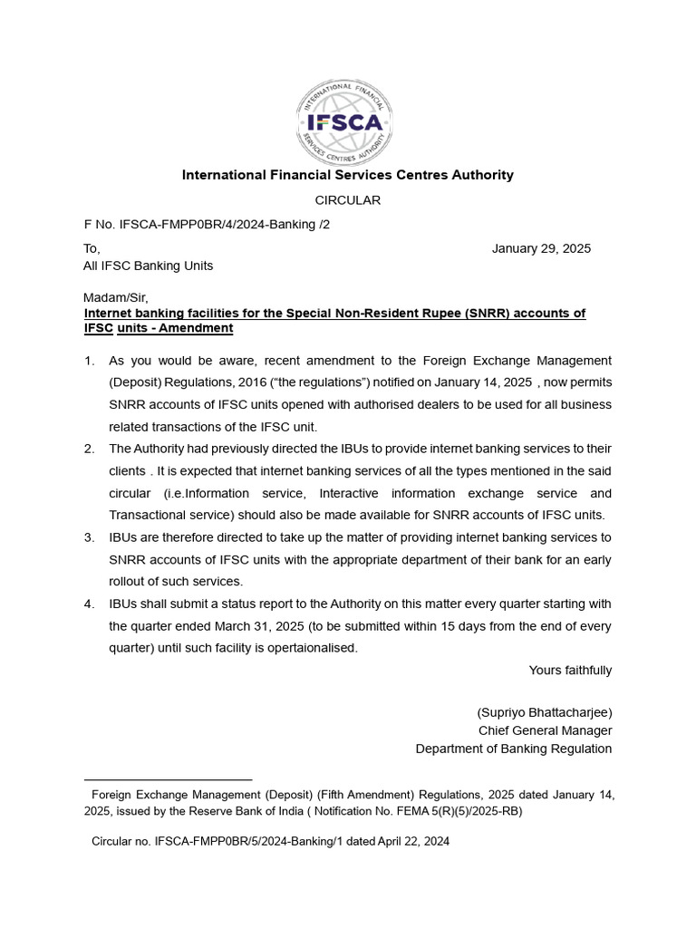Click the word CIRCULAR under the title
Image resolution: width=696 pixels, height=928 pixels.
coord(347,199)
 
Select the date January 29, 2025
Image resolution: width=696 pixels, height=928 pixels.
coord(541,248)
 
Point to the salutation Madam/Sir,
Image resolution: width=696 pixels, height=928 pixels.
coord(115,297)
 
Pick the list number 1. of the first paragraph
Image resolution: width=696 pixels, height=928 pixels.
coord(90,361)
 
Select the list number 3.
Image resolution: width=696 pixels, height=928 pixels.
coord(90,537)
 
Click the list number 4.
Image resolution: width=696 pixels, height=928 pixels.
coord(90,604)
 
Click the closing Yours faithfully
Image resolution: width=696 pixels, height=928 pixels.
coord(570,671)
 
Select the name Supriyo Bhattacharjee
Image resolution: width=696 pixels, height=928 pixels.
coord(545,711)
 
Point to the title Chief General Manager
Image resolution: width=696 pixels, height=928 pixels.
coord(545,730)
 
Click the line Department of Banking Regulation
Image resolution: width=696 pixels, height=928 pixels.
coord(513,749)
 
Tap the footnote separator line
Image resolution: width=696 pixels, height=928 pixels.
coord(168,779)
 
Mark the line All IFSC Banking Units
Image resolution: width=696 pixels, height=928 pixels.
coord(149,266)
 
